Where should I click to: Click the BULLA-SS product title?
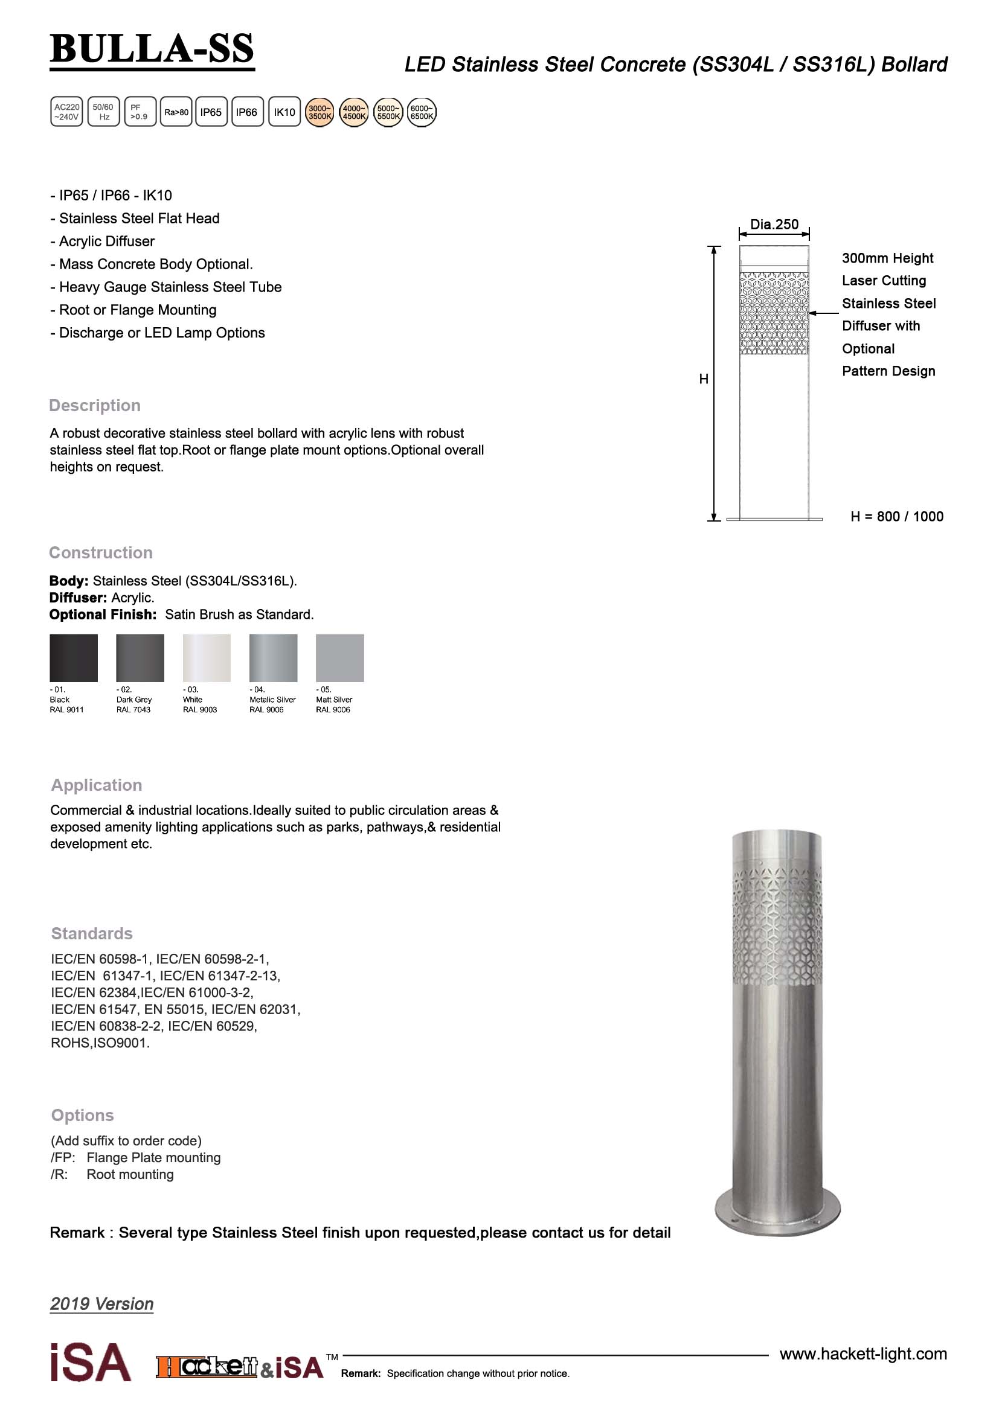coord(152,49)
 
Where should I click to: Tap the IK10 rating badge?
coord(284,112)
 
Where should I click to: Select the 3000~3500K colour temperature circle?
coord(320,112)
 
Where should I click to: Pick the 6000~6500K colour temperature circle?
coord(422,112)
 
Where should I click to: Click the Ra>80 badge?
coord(176,112)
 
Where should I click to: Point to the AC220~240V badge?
coord(66,112)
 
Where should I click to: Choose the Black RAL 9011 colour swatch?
coord(74,657)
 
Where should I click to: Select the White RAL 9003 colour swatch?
coord(207,657)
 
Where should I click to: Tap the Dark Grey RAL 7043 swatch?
coord(140,657)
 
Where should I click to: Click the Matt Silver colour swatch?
coord(339,657)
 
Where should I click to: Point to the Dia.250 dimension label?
coord(774,225)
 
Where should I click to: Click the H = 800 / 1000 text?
coord(896,517)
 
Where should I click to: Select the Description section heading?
coord(95,406)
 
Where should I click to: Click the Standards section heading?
coord(92,933)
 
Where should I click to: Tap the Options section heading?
coord(82,1115)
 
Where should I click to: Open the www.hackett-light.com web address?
coord(863,1354)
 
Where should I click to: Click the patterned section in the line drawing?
coord(774,313)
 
